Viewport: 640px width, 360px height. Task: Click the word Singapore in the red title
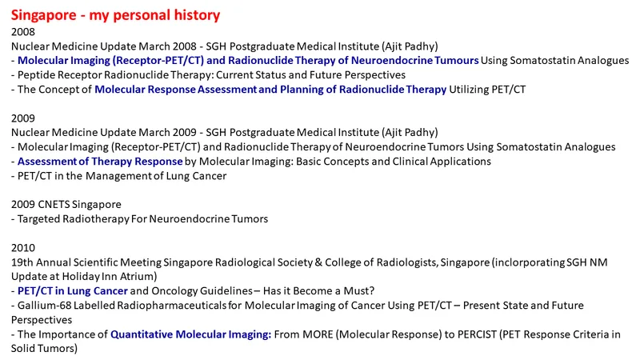coord(43,15)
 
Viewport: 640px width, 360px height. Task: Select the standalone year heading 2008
coord(23,32)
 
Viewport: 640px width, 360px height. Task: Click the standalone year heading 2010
coord(23,248)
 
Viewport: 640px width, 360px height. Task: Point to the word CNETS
coord(51,205)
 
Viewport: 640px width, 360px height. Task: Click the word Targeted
coord(38,219)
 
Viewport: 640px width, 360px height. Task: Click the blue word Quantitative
coord(142,334)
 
